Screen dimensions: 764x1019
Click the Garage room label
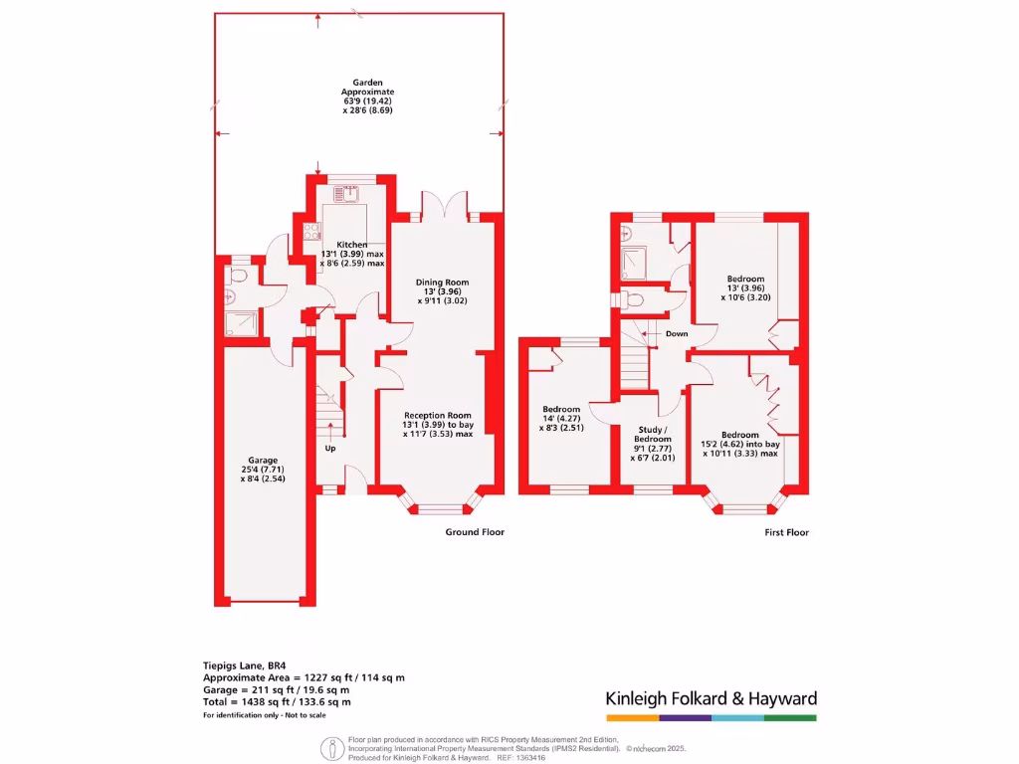(263, 469)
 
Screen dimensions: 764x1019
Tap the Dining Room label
(442, 290)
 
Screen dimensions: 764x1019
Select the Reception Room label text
(438, 424)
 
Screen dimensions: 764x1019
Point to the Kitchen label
(352, 254)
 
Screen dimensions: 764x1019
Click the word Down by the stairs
(677, 333)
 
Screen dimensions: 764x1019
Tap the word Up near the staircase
(330, 448)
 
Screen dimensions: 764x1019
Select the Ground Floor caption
(475, 532)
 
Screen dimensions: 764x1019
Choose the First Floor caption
(786, 532)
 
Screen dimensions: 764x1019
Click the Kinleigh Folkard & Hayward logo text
(711, 698)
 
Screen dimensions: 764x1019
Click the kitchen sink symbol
(353, 195)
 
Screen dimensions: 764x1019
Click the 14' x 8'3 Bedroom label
(561, 418)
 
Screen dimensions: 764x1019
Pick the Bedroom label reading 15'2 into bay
(741, 444)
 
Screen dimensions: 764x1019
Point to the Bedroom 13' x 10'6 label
(745, 287)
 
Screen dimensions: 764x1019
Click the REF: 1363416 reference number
(517, 757)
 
